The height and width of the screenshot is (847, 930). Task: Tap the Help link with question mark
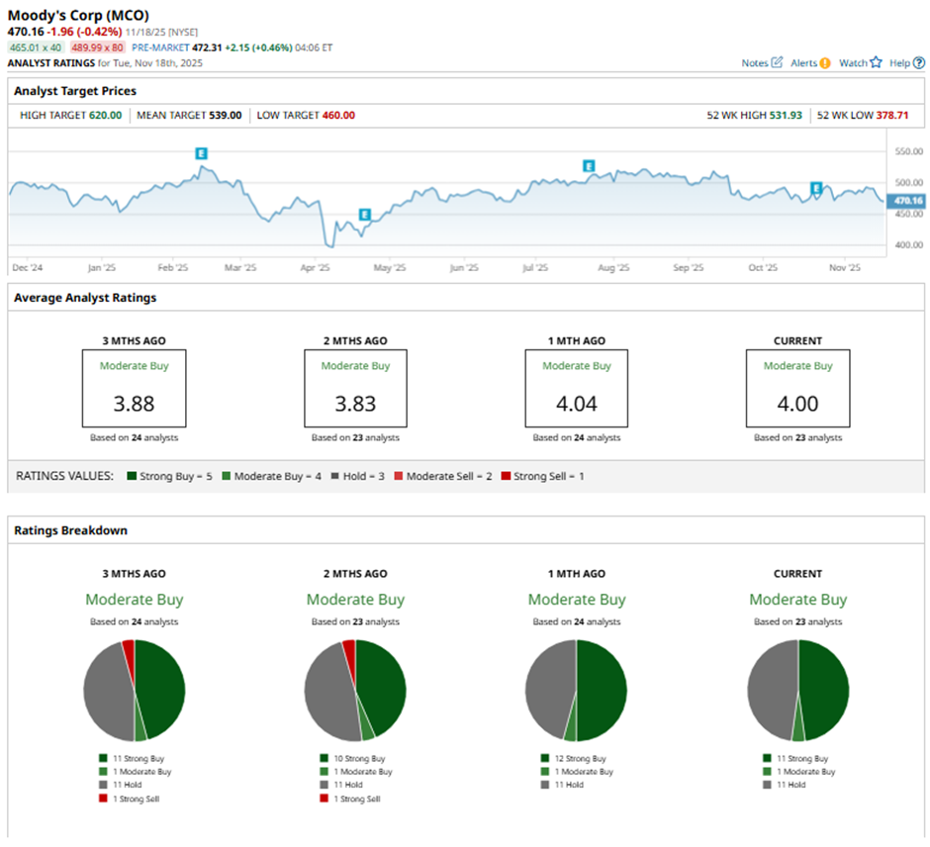pos(905,62)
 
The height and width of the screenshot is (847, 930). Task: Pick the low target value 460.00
pos(334,115)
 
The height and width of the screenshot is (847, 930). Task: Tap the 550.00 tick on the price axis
pos(907,151)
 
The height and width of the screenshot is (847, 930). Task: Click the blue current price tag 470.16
pos(907,200)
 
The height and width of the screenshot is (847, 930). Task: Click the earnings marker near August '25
pos(589,165)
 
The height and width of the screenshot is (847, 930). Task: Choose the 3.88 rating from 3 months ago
pos(135,404)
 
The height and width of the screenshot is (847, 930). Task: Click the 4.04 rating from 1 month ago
pos(577,404)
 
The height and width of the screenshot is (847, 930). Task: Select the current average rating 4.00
pos(797,404)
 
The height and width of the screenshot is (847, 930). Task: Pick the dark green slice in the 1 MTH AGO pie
pos(602,690)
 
